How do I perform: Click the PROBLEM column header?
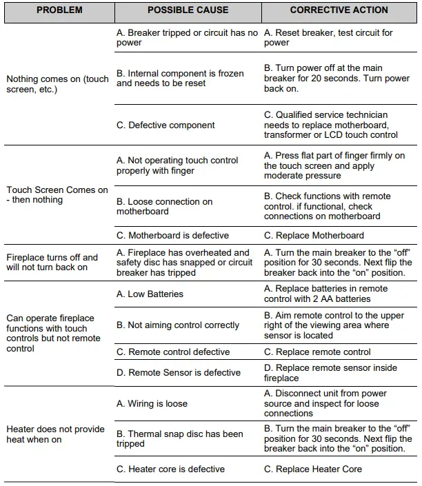[x=59, y=11]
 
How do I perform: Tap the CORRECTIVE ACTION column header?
[x=339, y=11]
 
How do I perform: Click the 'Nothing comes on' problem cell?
[x=57, y=84]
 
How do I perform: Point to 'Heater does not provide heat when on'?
[x=55, y=434]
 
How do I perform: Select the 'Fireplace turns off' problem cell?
[x=52, y=262]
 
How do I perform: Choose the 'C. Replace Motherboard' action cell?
[x=314, y=235]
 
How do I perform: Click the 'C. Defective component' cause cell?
[x=165, y=125]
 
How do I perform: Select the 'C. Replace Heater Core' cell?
[x=313, y=469]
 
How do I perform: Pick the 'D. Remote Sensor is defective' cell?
[x=179, y=372]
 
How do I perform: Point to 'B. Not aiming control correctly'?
[x=178, y=325]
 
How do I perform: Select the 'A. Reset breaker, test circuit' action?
[x=328, y=37]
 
